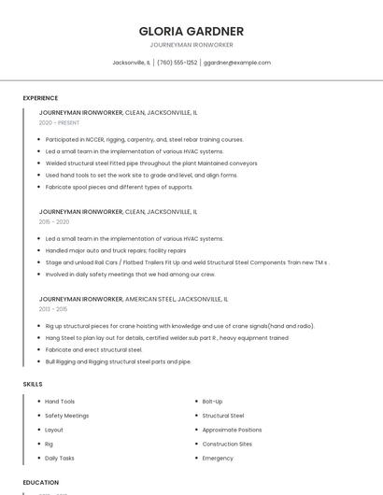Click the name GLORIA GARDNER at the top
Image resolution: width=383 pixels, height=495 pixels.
(x=191, y=31)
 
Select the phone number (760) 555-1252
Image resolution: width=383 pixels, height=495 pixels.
(x=177, y=63)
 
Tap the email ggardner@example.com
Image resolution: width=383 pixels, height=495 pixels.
(x=237, y=63)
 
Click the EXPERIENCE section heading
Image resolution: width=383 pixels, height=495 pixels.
(x=40, y=98)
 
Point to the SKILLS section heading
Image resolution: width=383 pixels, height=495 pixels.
(x=33, y=384)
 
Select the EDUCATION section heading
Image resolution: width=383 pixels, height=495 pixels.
(x=41, y=483)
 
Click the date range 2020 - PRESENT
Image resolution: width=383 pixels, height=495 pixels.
(x=59, y=122)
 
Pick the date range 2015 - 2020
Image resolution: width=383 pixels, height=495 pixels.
(x=54, y=221)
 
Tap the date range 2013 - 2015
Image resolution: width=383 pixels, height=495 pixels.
(x=53, y=309)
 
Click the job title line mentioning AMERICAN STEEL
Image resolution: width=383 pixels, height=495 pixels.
(x=133, y=299)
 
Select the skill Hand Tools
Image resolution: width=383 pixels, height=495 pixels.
(x=60, y=402)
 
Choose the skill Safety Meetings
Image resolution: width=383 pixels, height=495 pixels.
(x=67, y=416)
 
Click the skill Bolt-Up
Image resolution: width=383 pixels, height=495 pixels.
(x=212, y=402)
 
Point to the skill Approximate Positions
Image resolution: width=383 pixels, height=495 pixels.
(x=232, y=430)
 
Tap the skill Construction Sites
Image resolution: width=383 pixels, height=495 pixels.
(x=227, y=444)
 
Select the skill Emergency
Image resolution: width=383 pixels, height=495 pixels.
(x=218, y=459)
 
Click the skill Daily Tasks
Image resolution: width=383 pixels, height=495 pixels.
(x=60, y=459)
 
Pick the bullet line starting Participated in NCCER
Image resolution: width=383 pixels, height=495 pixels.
(x=144, y=139)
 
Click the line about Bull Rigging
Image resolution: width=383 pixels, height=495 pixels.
(x=118, y=361)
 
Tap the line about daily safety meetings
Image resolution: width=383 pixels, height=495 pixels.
(x=130, y=275)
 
